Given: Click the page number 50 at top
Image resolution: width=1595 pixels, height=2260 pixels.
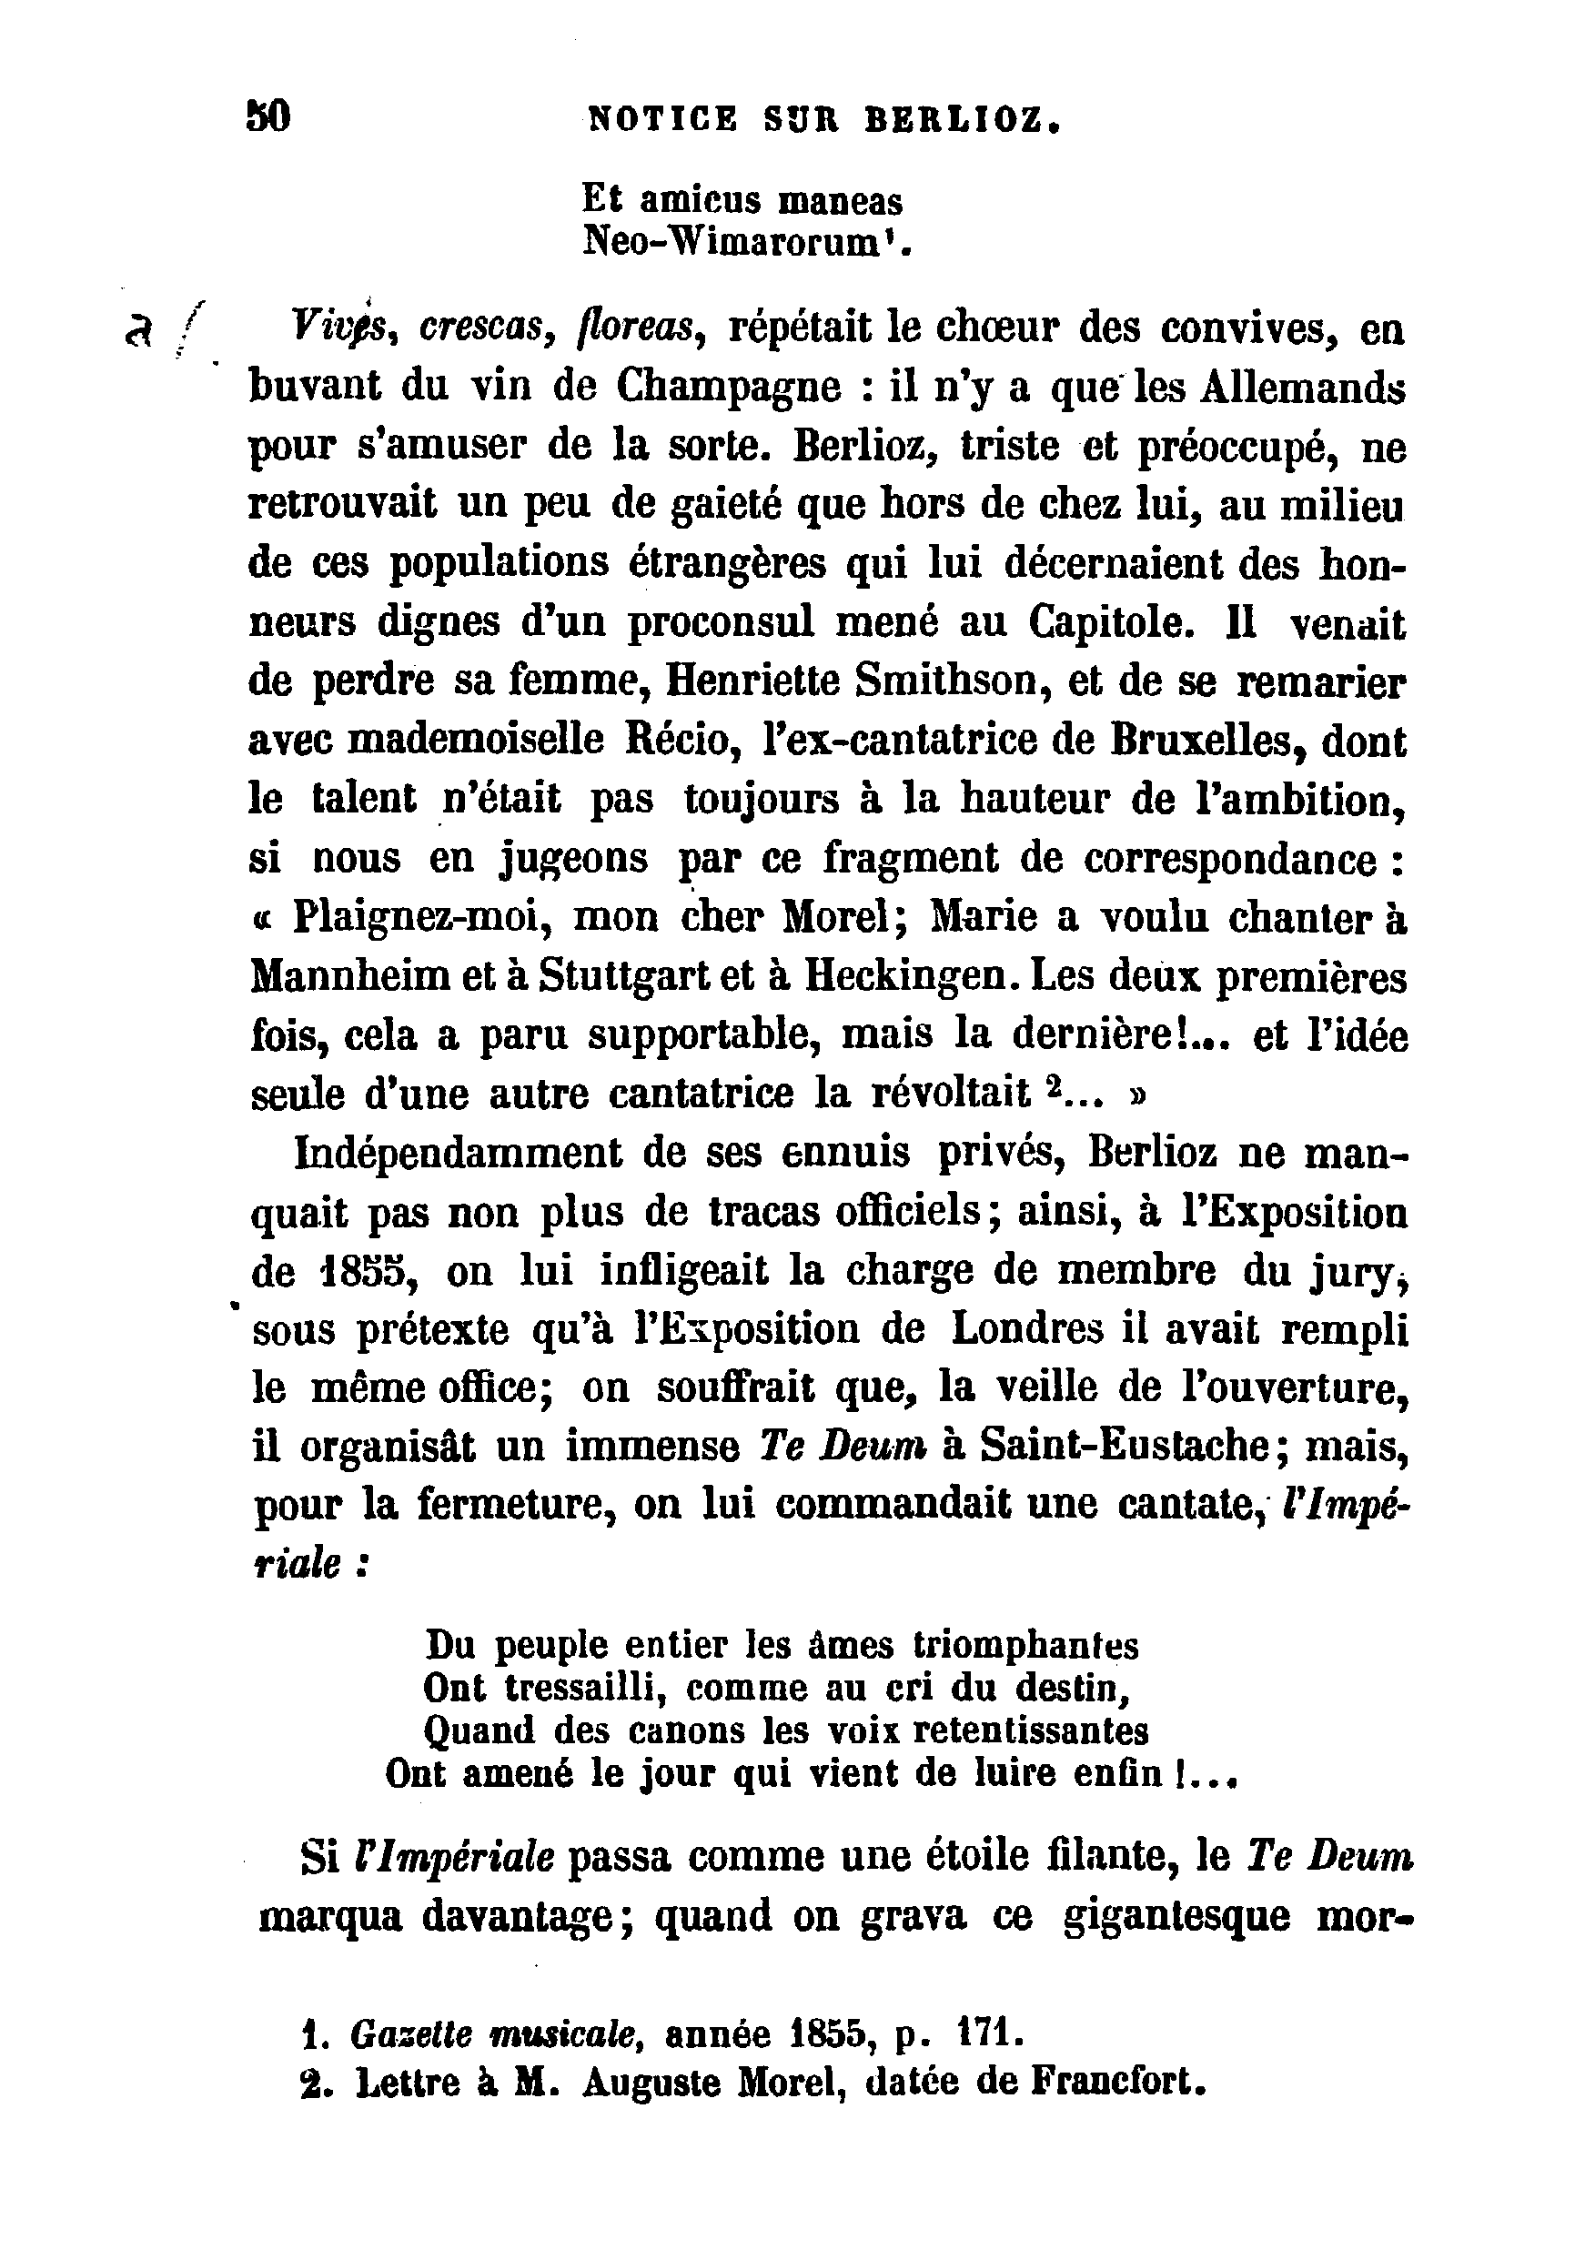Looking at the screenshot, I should [268, 118].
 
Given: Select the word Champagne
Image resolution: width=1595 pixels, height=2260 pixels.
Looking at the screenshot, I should [730, 387].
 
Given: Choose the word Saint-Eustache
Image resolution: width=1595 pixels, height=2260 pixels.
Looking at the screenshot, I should [1128, 1447].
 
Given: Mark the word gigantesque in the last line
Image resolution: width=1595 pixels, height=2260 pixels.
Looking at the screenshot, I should [1176, 1916].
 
